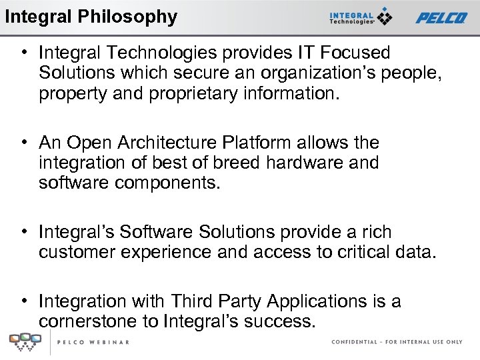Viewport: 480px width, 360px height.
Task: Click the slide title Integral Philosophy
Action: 91,16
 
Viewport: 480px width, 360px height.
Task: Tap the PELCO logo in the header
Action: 441,17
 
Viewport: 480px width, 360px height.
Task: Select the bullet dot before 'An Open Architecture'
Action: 23,143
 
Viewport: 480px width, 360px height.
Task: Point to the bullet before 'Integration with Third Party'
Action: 23,301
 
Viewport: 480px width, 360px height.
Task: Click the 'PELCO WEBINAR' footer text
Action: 93,342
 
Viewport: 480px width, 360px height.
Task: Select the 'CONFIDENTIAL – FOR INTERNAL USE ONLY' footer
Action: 397,342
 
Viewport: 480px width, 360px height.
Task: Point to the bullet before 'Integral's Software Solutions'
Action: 23,232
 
